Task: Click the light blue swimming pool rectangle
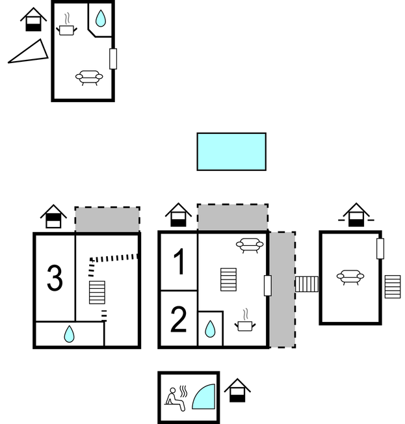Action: [x=231, y=152]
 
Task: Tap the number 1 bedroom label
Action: [x=179, y=263]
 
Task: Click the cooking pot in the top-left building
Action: [x=68, y=28]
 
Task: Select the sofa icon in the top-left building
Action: [x=89, y=77]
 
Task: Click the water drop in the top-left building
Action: [x=100, y=19]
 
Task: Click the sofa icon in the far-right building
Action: [x=350, y=277]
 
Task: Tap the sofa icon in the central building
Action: [x=249, y=245]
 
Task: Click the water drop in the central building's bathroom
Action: [x=210, y=329]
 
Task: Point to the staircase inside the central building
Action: [x=228, y=280]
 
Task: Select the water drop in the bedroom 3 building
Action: [x=69, y=334]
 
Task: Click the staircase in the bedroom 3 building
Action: [x=96, y=291]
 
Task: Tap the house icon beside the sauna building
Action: [x=237, y=390]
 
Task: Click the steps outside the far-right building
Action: [x=392, y=286]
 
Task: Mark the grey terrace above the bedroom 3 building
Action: [x=107, y=220]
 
